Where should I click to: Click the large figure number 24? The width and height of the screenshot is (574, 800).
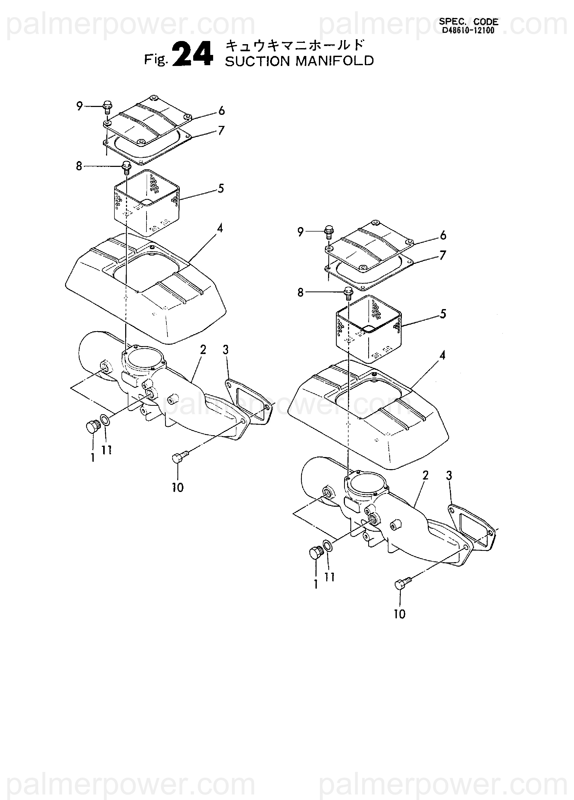193,54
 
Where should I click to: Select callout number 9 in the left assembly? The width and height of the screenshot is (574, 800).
80,106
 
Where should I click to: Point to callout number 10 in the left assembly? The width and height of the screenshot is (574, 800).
178,488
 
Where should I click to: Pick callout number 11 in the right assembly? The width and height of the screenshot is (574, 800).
329,577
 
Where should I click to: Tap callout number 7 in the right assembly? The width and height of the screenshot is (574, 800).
443,255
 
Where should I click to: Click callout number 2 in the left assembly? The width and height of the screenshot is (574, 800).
203,350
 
